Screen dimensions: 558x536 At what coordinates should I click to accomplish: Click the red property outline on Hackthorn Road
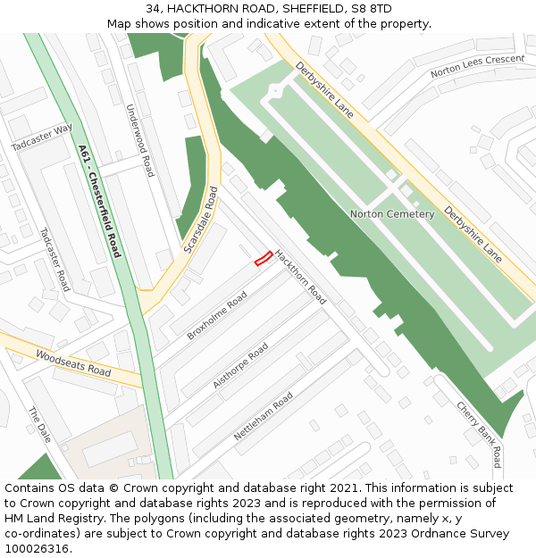263,259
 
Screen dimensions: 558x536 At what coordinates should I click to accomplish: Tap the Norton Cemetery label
392,214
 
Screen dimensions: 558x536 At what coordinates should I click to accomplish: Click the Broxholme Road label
216,316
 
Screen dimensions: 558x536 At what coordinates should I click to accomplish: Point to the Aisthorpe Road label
240,365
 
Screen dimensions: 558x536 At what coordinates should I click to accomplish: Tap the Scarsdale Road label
200,219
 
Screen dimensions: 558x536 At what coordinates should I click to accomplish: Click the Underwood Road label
140,140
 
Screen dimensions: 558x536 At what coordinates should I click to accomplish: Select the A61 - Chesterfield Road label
99,201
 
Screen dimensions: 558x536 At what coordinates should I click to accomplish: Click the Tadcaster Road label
54,259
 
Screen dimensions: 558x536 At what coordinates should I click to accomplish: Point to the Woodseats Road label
73,363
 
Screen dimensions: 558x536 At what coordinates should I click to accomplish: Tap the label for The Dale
40,426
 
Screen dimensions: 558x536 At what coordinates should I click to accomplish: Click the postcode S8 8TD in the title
368,9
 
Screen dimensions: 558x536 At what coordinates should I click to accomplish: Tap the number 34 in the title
152,9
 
